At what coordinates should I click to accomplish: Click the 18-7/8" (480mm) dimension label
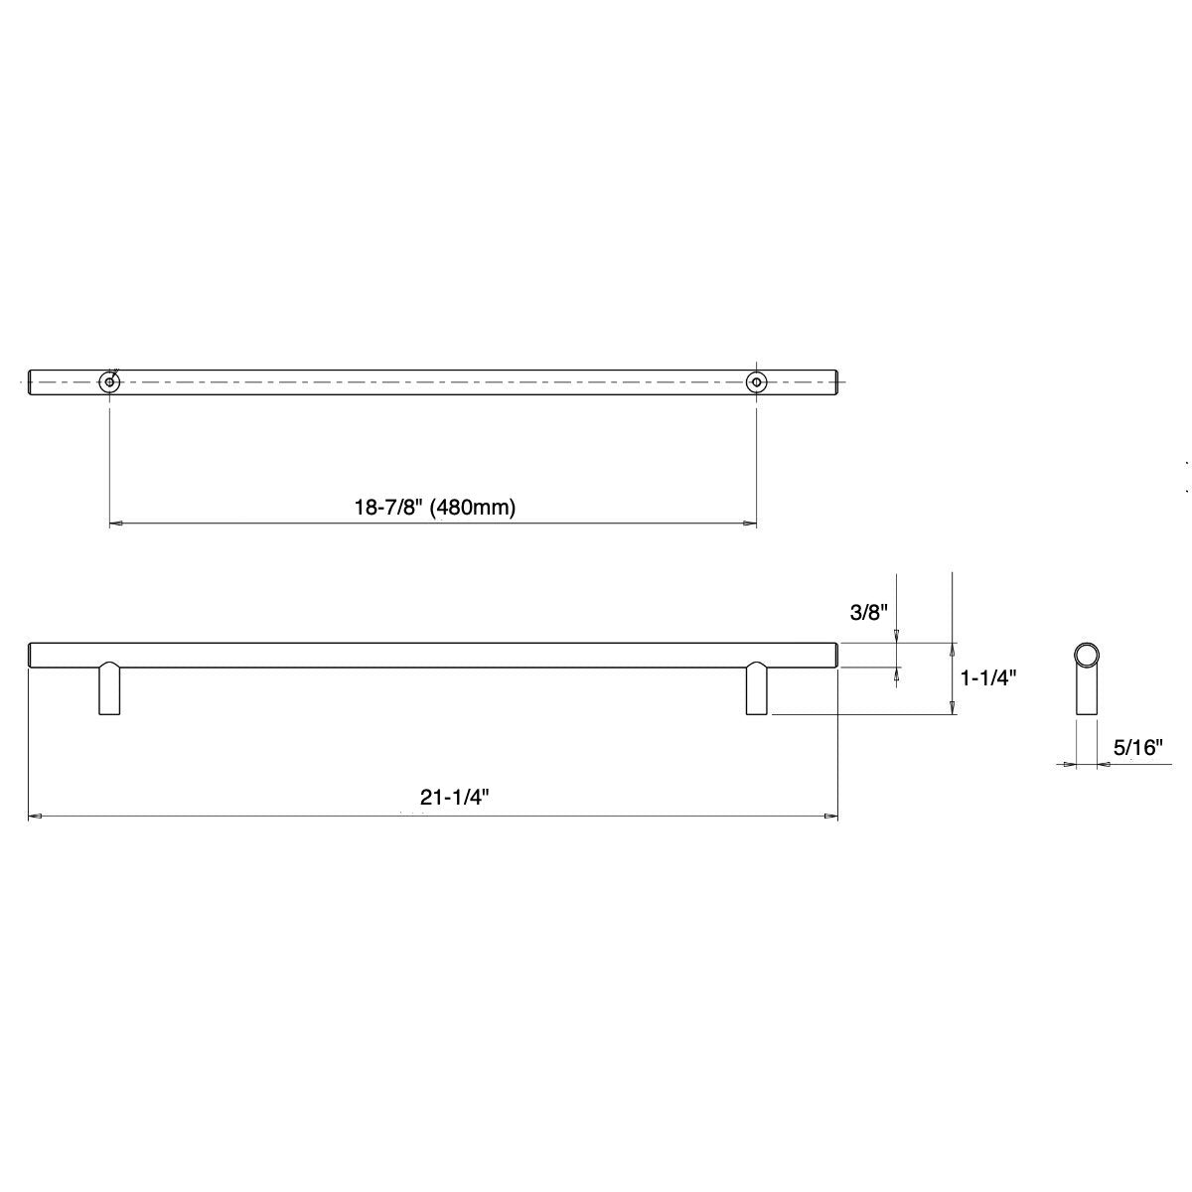pyautogui.click(x=435, y=508)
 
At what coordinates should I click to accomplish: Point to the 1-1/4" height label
pyautogui.click(x=988, y=678)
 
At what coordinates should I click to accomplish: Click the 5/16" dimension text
pyautogui.click(x=1137, y=748)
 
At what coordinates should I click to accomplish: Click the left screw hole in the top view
pyautogui.click(x=108, y=381)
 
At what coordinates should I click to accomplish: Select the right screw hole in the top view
pyautogui.click(x=757, y=381)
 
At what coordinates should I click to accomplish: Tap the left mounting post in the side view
pyautogui.click(x=109, y=689)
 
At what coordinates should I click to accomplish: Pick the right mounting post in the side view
pyautogui.click(x=757, y=689)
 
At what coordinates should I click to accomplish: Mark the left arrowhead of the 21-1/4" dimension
pyautogui.click(x=35, y=818)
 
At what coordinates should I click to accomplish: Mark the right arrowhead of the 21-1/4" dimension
pyautogui.click(x=831, y=818)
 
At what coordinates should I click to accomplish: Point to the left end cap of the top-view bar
pyautogui.click(x=31, y=381)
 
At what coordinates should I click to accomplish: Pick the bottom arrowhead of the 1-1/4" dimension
pyautogui.click(x=953, y=707)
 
